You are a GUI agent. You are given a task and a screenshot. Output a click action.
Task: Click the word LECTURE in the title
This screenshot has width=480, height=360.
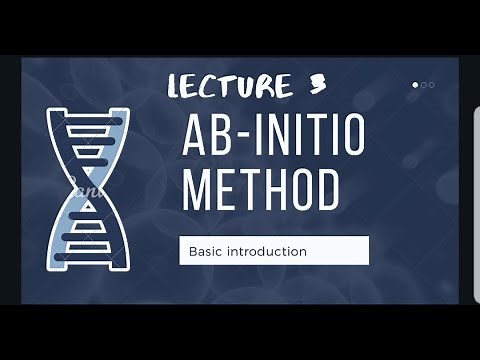click(229, 88)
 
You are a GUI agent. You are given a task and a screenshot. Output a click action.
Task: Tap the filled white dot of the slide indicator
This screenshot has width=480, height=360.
click(416, 85)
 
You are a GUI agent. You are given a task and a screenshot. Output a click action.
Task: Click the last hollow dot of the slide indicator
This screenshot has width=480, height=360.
click(431, 85)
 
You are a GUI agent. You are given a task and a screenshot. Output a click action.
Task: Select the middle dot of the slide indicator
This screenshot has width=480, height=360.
click(424, 85)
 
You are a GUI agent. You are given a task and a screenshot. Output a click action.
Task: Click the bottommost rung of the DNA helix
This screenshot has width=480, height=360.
click(90, 257)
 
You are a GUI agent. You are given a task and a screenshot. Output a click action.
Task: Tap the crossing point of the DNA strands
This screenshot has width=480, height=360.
click(87, 188)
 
